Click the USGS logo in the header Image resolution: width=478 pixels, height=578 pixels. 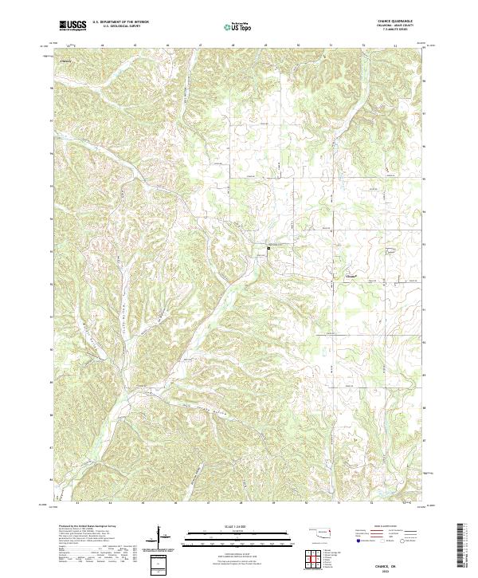[72, 26]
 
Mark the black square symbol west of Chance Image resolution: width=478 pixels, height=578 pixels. [268, 248]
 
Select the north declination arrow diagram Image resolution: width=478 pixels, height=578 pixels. [160, 537]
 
